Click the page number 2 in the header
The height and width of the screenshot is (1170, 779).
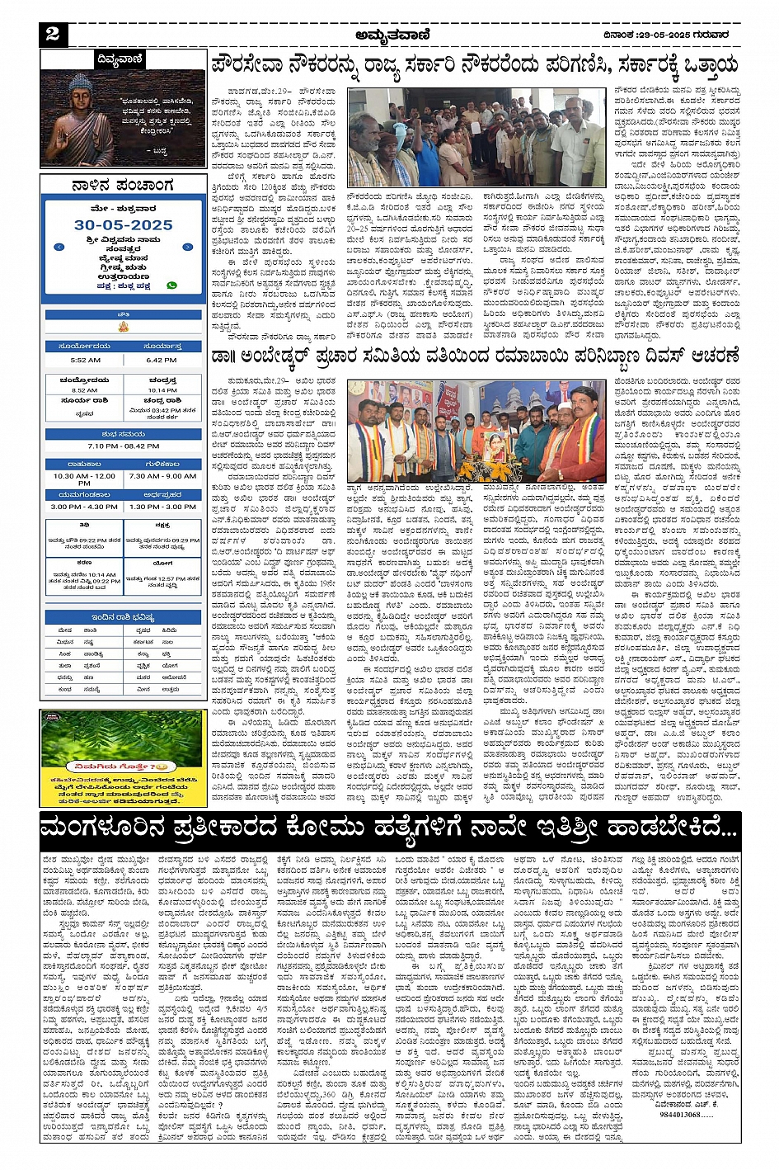tap(54, 34)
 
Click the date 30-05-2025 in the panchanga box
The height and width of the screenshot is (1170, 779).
tap(124, 224)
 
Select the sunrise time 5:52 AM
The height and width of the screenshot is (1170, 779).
tap(85, 360)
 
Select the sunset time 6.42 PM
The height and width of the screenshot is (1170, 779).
tap(162, 360)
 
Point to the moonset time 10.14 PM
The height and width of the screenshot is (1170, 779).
tap(162, 390)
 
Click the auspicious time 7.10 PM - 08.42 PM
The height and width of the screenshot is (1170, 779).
tap(124, 446)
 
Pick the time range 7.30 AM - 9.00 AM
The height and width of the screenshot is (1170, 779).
tap(162, 475)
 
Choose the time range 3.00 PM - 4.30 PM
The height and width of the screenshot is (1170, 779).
tap(83, 507)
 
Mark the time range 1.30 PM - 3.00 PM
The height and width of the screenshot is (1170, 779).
tap(162, 507)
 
